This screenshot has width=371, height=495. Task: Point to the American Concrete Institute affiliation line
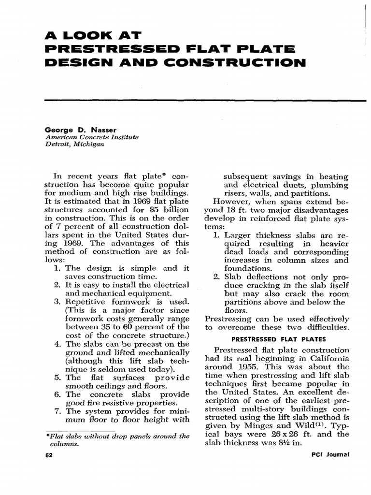92,137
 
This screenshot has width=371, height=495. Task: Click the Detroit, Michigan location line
74,145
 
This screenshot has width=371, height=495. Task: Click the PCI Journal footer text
331,455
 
